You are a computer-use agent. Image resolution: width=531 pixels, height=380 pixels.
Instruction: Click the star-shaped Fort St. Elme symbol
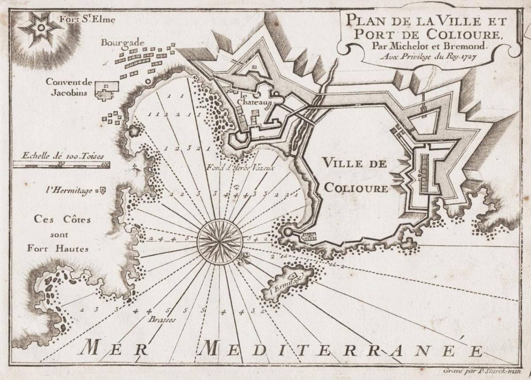coord(40,28)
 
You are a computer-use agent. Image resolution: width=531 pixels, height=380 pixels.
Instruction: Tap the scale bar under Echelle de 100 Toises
coord(61,164)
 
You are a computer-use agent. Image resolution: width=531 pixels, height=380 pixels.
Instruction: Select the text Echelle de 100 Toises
coord(60,156)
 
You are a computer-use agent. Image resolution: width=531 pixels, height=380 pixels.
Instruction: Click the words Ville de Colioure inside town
coord(355,175)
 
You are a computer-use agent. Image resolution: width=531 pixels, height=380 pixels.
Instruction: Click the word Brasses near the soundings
coord(162,319)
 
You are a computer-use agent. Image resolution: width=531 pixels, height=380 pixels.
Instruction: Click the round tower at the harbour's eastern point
coord(288,231)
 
